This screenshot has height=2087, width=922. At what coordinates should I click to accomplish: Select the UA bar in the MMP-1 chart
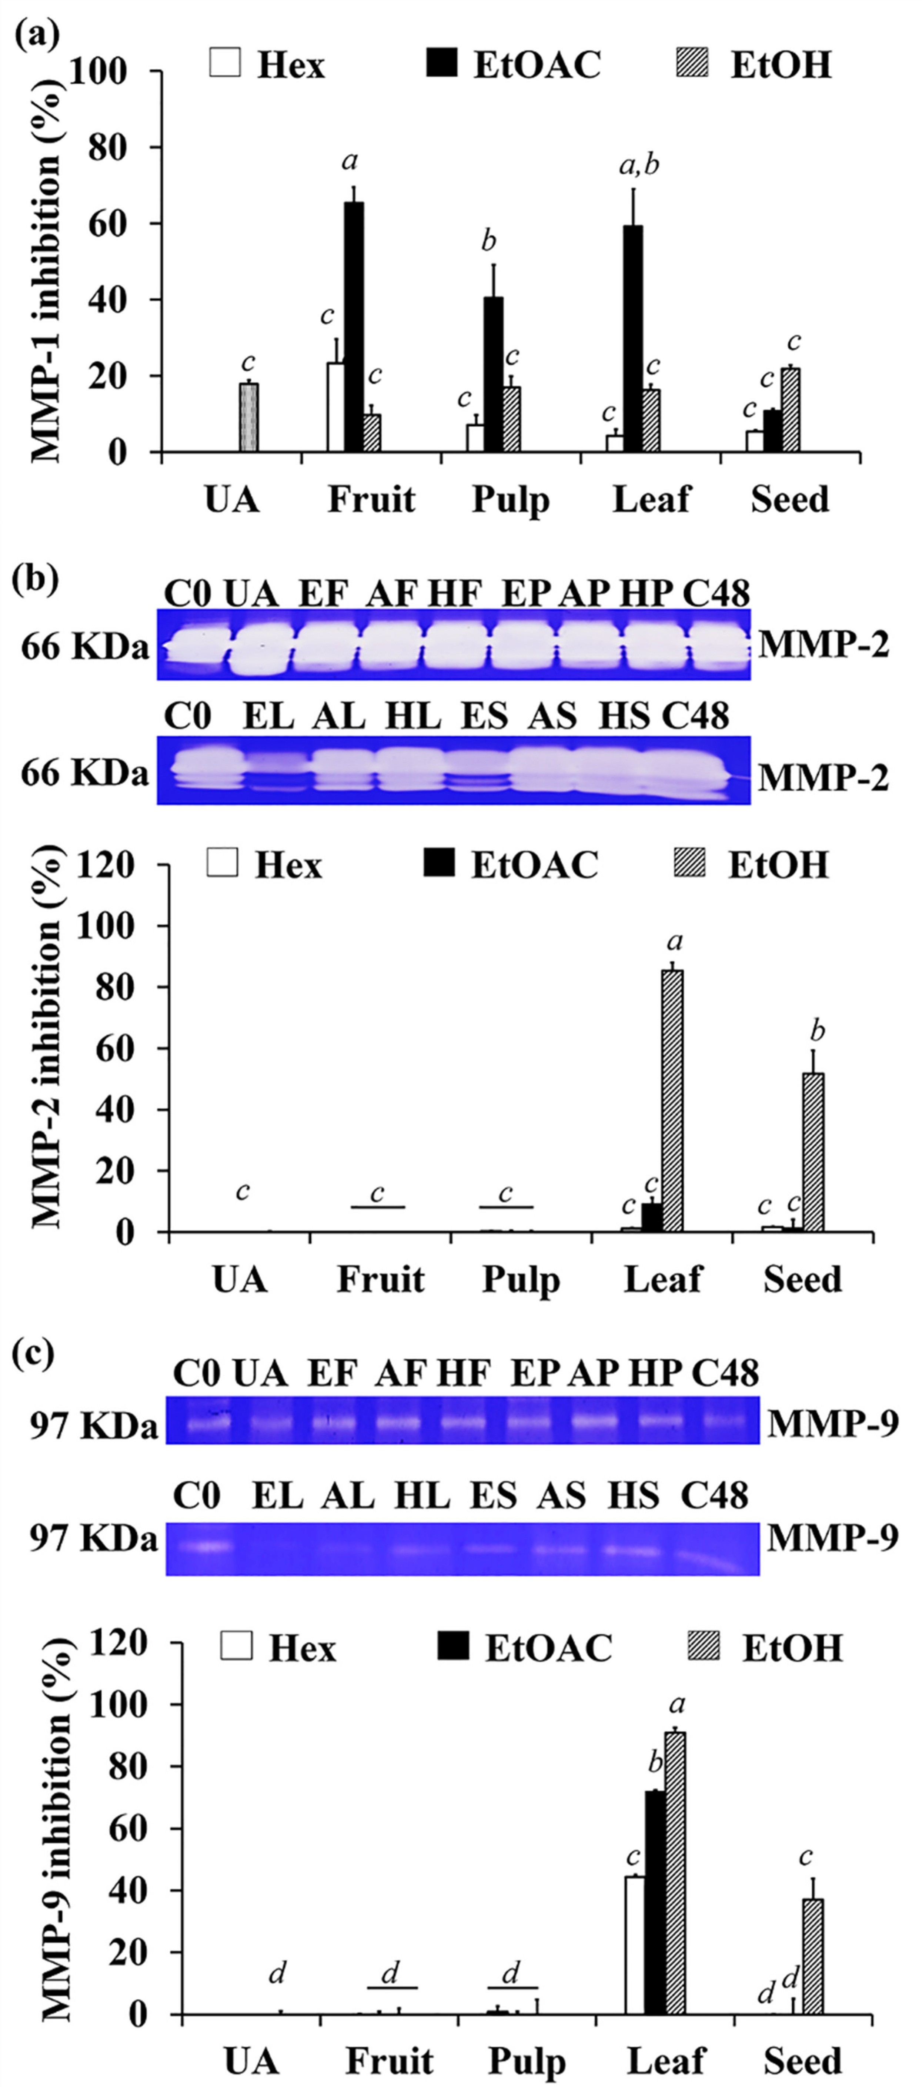pos(249,417)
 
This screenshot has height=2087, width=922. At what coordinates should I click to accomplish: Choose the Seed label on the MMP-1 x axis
pos(789,499)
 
